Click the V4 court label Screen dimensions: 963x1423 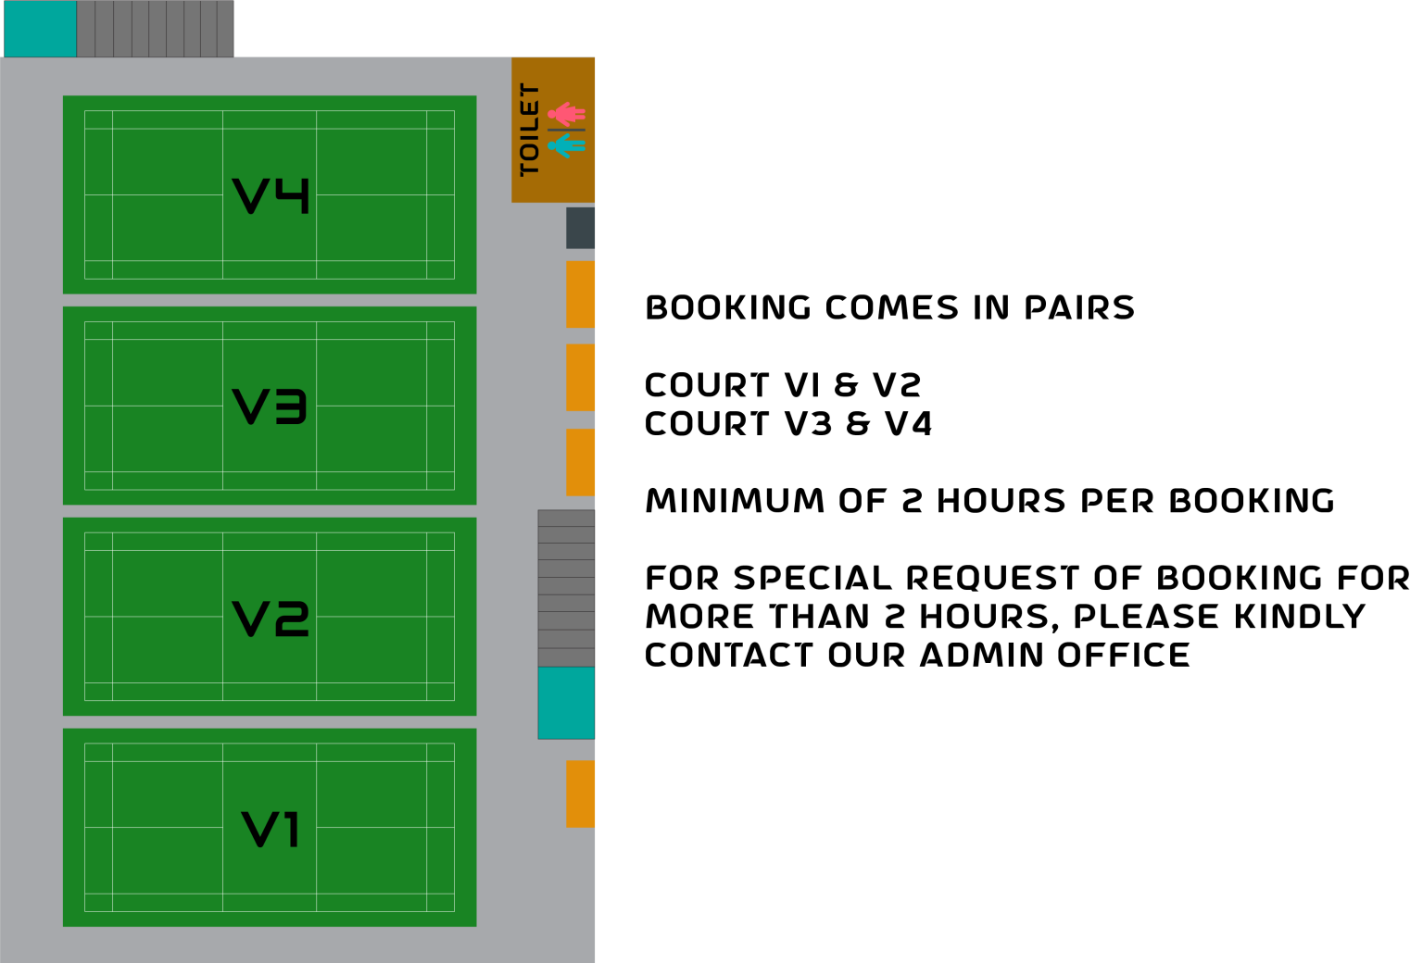click(271, 195)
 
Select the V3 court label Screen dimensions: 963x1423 click(270, 406)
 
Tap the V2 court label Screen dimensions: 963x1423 click(271, 618)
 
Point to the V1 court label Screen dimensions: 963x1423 click(271, 829)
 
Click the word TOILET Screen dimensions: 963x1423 click(530, 130)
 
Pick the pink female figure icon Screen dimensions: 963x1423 click(566, 114)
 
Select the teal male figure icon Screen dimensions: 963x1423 click(566, 145)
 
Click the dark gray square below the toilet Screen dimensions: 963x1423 click(581, 228)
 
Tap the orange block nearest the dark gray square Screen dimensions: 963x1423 click(581, 294)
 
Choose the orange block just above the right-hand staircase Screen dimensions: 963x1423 click(581, 462)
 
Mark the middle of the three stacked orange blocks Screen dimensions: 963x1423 click(581, 378)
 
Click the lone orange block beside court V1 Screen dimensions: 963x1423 click(581, 794)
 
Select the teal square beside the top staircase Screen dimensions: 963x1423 click(41, 29)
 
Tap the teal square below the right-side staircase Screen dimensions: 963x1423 click(566, 703)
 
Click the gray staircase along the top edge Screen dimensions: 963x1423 click(155, 29)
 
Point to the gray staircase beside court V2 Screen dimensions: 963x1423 click(566, 588)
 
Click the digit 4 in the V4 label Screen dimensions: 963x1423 click(293, 195)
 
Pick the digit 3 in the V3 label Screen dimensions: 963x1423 click(291, 406)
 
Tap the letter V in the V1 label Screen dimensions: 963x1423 click(257, 829)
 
